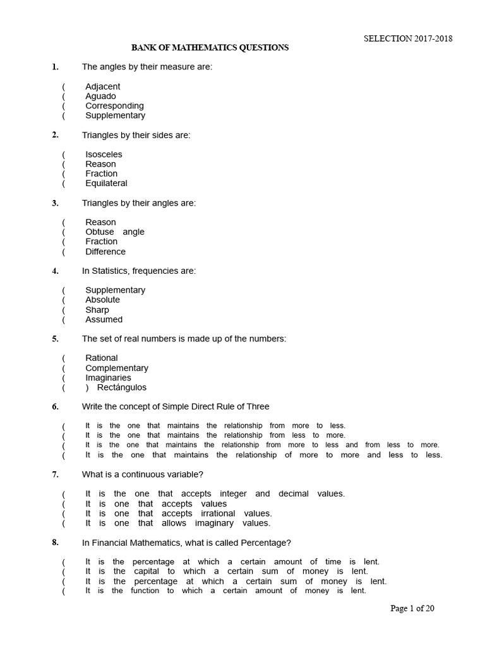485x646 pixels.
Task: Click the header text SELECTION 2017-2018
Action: (408, 38)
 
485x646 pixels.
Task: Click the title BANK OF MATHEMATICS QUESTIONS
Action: (210, 47)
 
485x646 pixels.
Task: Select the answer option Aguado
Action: (100, 96)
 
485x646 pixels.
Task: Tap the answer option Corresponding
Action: (114, 106)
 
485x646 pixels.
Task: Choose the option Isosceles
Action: (104, 155)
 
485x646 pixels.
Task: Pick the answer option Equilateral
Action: (106, 184)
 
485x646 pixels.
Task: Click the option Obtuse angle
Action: (114, 232)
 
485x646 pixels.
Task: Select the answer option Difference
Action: (105, 252)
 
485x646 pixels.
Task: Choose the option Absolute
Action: (102, 300)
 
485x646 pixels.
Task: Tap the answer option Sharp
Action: (97, 310)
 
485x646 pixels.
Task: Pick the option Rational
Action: (102, 358)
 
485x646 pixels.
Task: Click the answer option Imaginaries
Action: (108, 378)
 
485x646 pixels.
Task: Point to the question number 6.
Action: (55, 407)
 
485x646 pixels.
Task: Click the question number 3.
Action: (55, 203)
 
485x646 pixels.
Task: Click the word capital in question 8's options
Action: (147, 572)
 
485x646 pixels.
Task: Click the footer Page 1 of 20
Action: (412, 609)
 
